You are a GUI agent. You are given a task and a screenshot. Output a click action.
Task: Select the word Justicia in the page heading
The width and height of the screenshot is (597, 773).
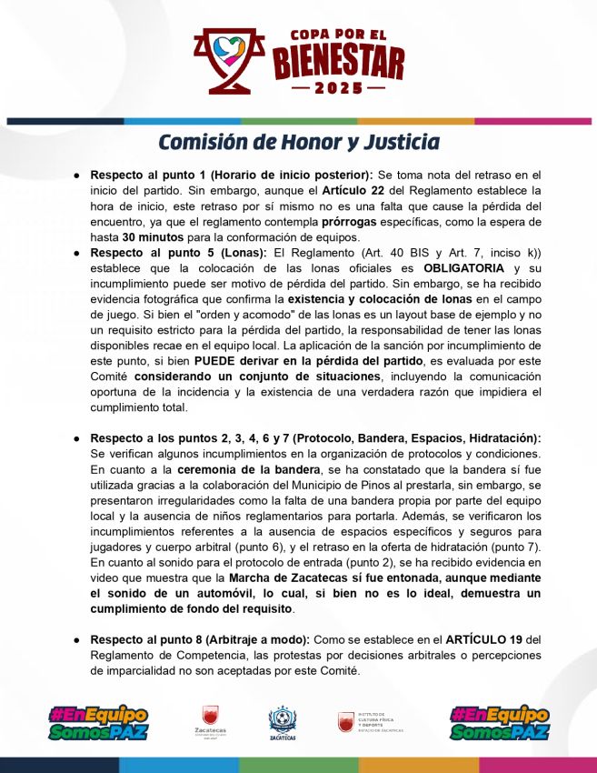[401, 143]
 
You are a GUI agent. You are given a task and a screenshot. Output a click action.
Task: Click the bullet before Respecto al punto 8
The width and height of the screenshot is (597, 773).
[78, 639]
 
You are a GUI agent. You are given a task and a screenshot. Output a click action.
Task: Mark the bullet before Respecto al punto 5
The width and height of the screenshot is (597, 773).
[78, 252]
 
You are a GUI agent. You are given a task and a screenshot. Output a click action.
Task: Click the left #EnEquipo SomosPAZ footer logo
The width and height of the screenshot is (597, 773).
[98, 723]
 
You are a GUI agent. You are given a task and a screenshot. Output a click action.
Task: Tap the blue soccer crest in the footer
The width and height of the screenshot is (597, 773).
[284, 723]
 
